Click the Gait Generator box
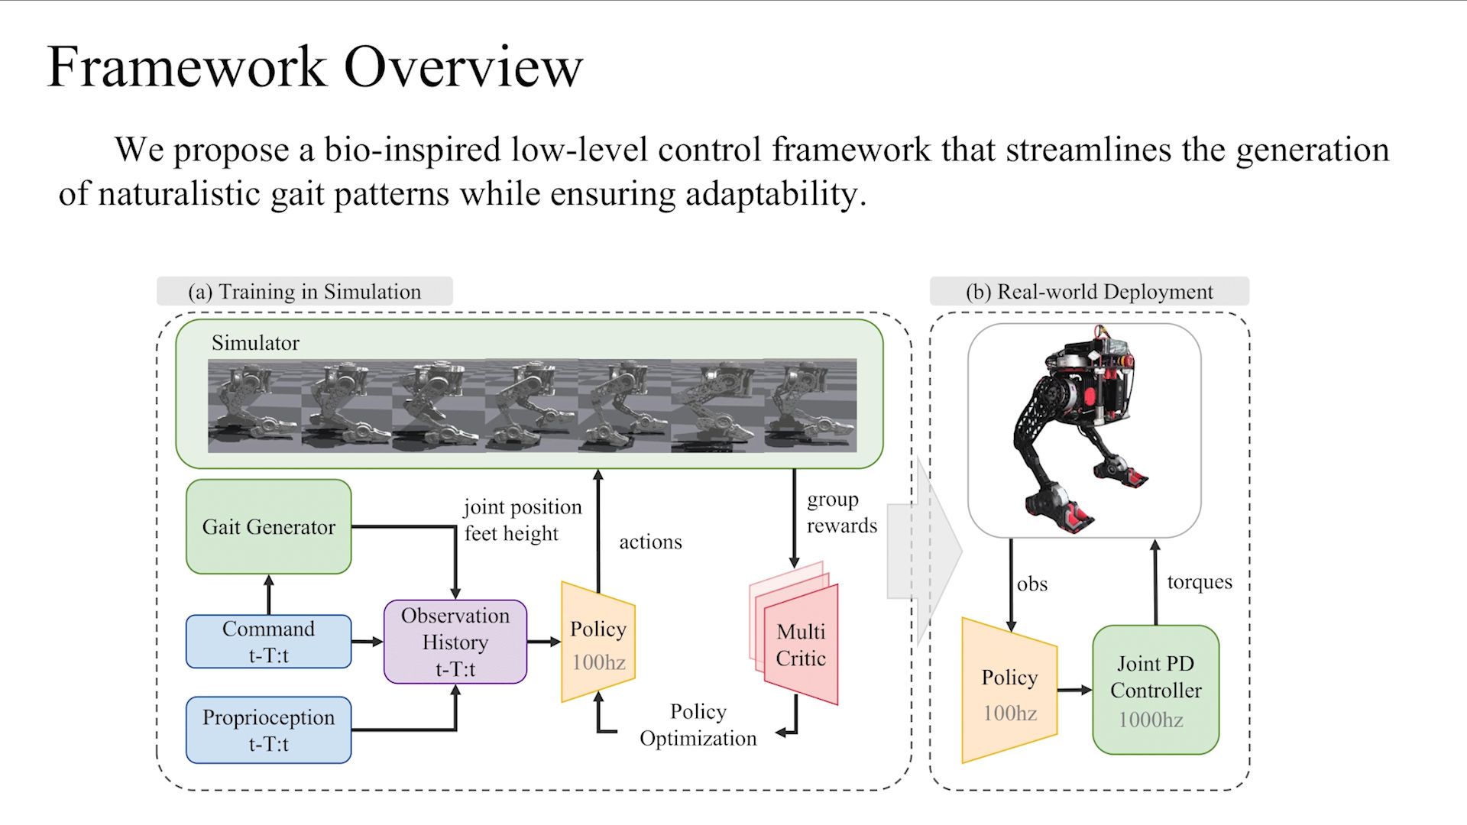(268, 526)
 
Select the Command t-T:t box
(268, 642)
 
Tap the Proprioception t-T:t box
(268, 730)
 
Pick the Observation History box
(455, 642)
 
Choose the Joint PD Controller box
(1155, 690)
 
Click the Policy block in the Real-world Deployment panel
(1009, 691)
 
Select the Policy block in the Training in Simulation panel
(598, 642)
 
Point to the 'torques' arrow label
(1200, 582)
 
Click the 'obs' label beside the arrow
(1032, 584)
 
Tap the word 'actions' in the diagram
(650, 542)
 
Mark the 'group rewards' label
(841, 513)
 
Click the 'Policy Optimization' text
(698, 725)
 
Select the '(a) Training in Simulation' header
(304, 292)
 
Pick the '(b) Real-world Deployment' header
(1089, 292)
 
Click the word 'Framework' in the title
(187, 67)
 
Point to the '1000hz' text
(1151, 720)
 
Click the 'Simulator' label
(255, 343)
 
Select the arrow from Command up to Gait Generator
(269, 594)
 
